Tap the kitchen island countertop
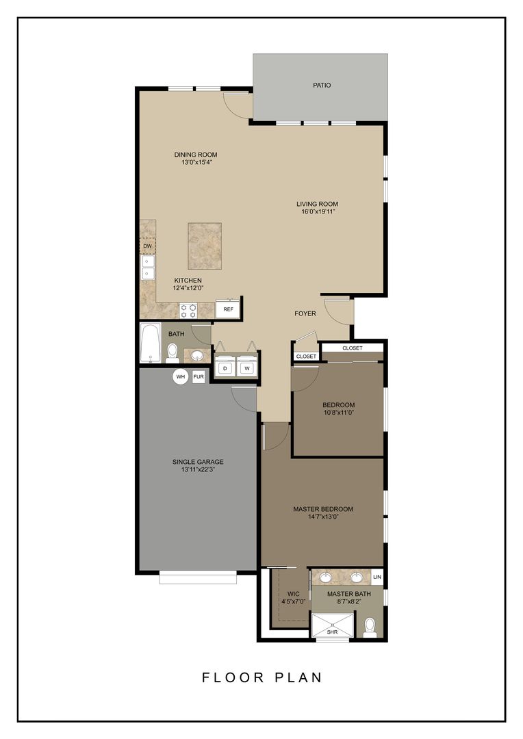point(205,246)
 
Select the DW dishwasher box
point(147,246)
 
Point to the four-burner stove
point(188,311)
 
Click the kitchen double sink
point(147,268)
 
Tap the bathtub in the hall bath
point(149,343)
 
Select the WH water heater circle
point(181,376)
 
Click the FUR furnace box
point(199,376)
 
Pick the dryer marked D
point(225,368)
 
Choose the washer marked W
point(247,368)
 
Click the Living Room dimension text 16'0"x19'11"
point(317,212)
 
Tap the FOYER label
point(305,313)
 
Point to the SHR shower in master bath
point(332,625)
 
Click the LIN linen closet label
point(377,578)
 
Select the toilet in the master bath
point(370,626)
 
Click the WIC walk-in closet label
point(294,593)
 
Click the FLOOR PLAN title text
point(261,677)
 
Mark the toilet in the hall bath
point(173,352)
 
